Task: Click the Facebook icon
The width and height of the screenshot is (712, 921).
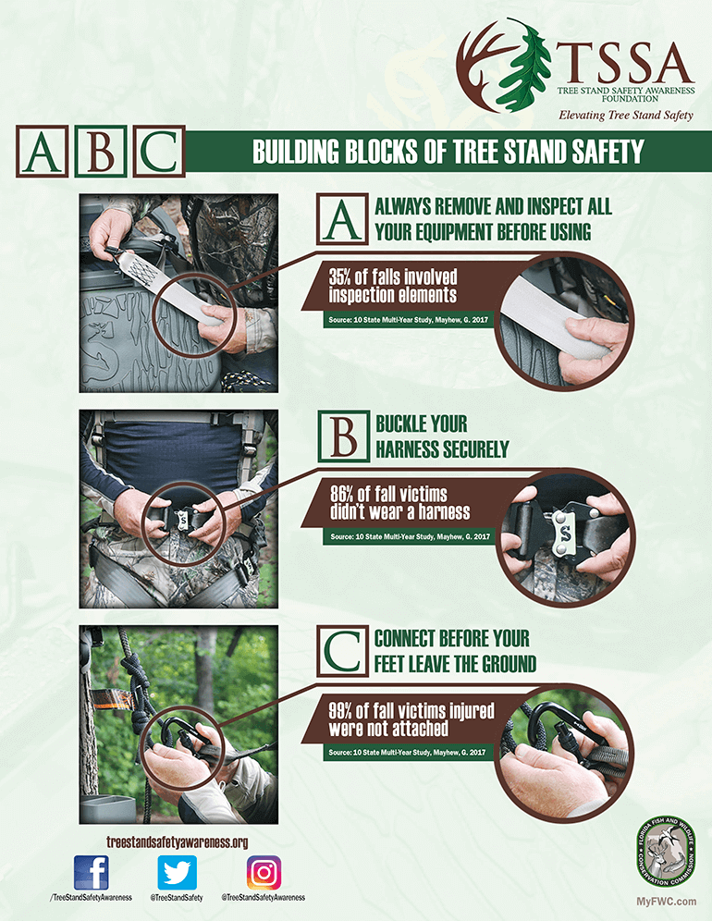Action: [92, 872]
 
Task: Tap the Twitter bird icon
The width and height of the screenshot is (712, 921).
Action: [177, 872]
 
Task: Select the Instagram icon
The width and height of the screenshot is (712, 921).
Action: [264, 872]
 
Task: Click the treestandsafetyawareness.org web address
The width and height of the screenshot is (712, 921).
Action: [178, 841]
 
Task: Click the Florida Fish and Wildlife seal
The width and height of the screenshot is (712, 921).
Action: [666, 852]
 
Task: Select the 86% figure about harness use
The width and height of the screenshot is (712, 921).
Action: [345, 493]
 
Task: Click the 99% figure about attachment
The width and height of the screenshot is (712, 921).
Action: [344, 709]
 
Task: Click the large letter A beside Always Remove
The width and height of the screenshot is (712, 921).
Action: [343, 218]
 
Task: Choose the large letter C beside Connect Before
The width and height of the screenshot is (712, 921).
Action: [343, 652]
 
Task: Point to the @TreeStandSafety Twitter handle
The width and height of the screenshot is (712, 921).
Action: [177, 898]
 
